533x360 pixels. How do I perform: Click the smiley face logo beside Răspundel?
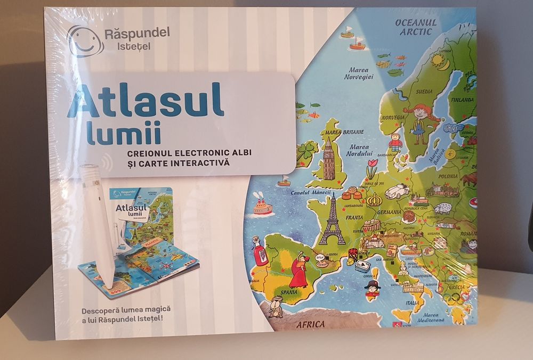[85, 42]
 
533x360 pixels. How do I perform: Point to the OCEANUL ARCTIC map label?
[416, 27]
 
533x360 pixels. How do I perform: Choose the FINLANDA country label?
[461, 100]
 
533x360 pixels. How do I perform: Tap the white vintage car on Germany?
[397, 190]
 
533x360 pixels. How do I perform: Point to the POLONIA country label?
[448, 176]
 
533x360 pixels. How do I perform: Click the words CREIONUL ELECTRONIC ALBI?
[189, 153]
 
